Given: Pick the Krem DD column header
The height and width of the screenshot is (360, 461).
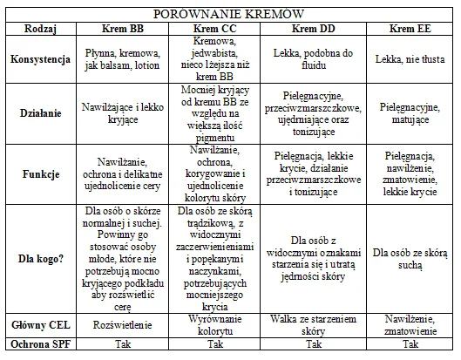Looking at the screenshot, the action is coord(311,29).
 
